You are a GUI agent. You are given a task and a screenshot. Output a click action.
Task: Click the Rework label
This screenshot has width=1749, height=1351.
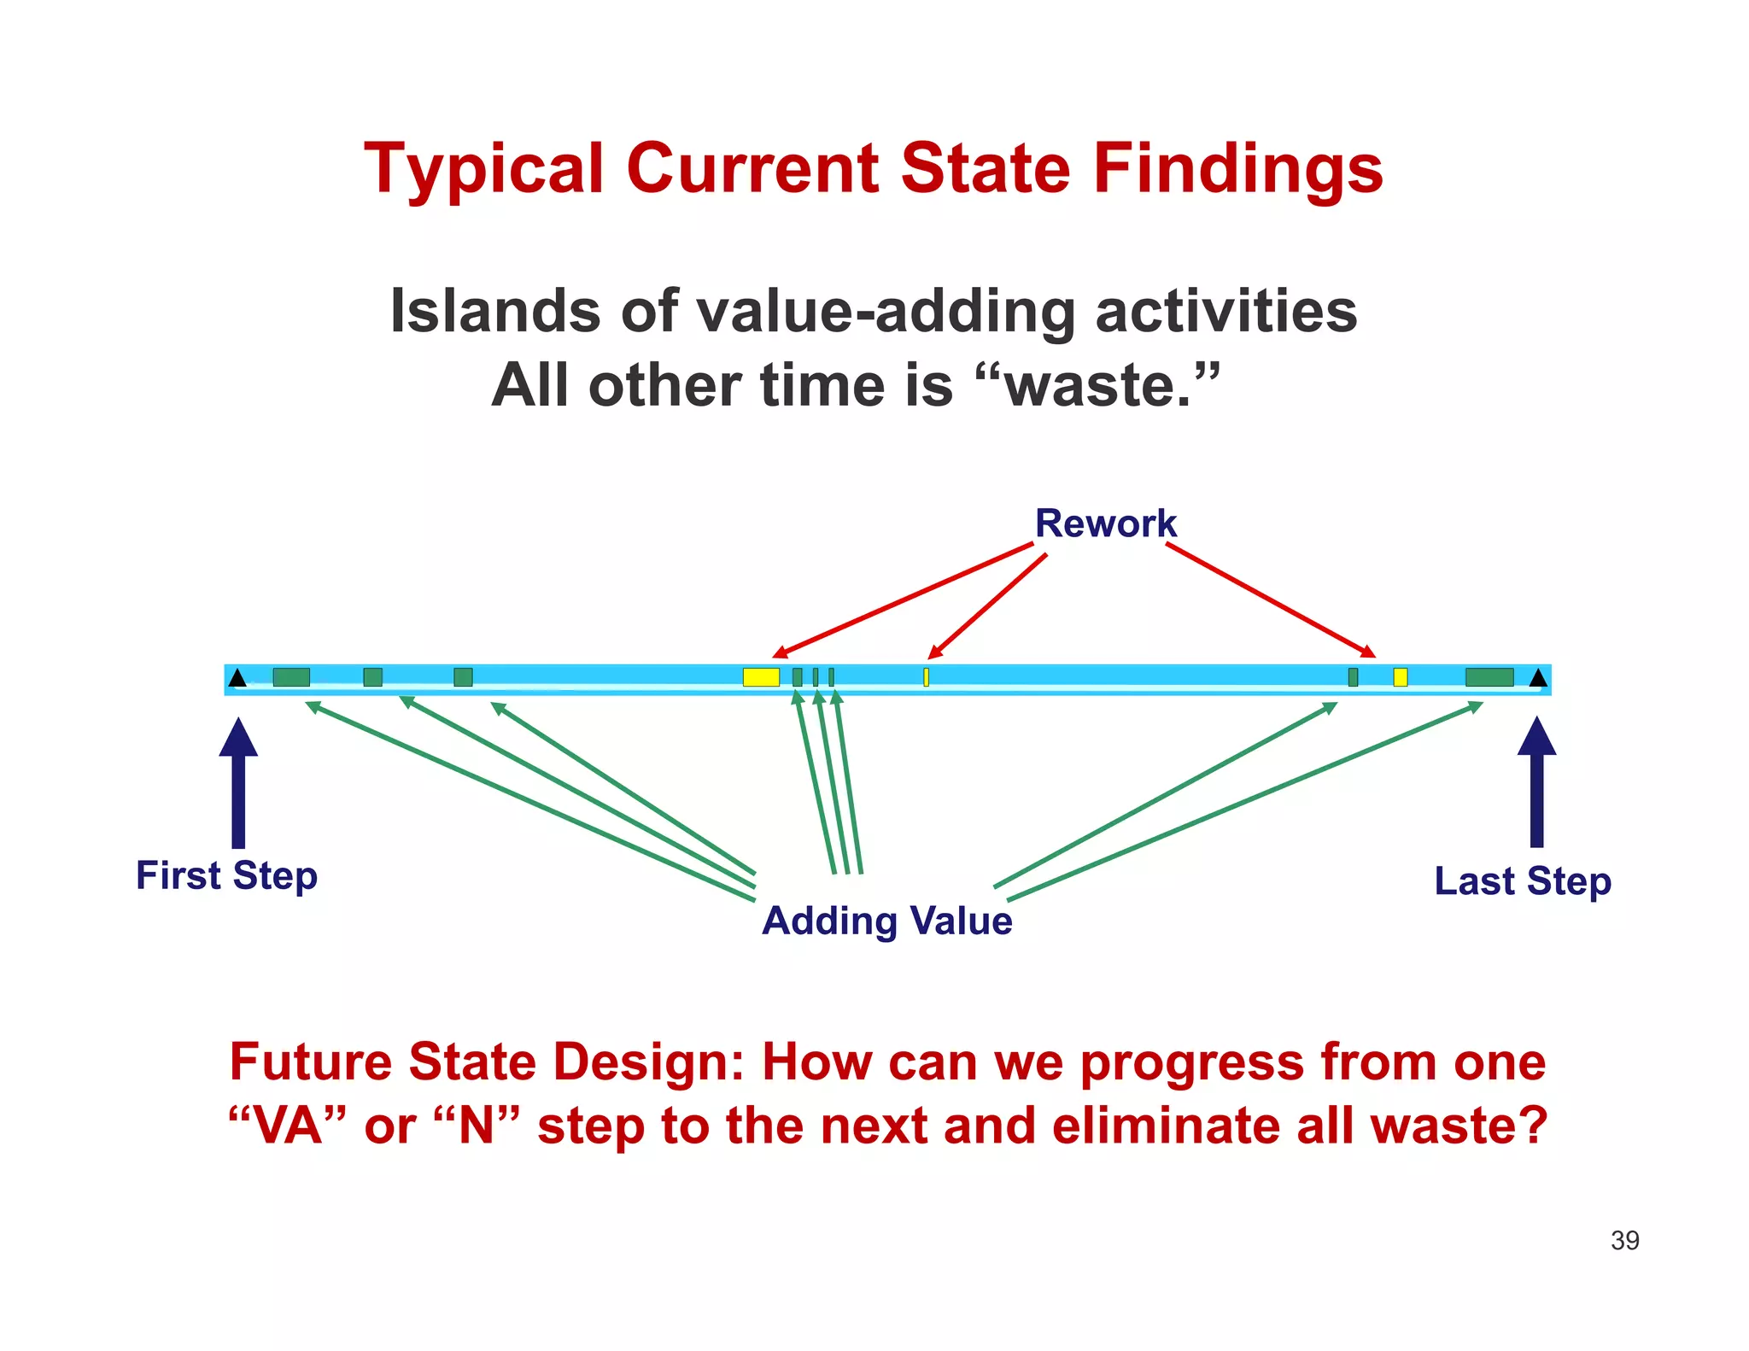coord(1105,523)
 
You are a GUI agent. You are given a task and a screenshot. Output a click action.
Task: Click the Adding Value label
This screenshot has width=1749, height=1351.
coord(886,921)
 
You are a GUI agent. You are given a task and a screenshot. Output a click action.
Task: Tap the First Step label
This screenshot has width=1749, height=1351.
coord(226,876)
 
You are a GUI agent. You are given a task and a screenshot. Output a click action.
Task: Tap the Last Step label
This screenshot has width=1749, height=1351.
coord(1523,881)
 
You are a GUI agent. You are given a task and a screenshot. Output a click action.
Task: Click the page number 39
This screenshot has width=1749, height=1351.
coord(1624,1240)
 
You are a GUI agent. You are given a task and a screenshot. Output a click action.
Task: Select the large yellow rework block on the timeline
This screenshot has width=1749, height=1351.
coord(760,677)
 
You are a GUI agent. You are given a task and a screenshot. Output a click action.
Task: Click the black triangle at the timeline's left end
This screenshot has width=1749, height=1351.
coord(238,678)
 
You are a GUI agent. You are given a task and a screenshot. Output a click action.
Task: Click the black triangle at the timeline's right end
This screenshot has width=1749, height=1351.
coord(1538,678)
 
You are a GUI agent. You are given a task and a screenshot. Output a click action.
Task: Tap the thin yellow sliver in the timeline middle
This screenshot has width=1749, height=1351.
coord(926,677)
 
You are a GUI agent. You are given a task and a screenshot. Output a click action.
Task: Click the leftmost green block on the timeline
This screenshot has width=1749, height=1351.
coord(291,677)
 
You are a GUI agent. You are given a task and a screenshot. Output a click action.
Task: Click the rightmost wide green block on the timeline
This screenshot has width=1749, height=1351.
coord(1489,677)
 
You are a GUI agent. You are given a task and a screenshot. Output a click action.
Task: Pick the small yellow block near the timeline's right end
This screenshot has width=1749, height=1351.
coord(1400,677)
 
